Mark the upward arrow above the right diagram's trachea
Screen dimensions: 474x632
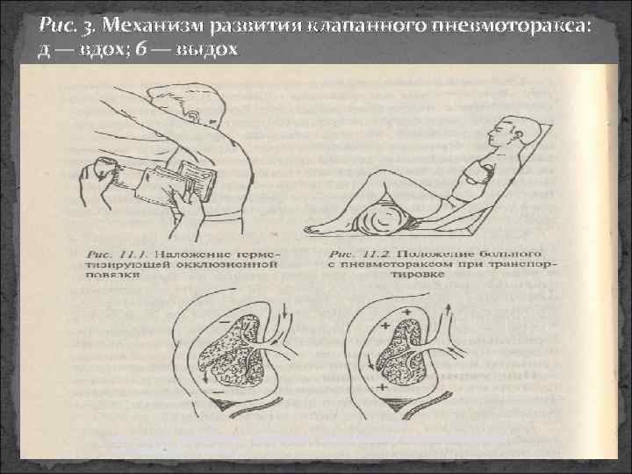pos(449,309)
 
